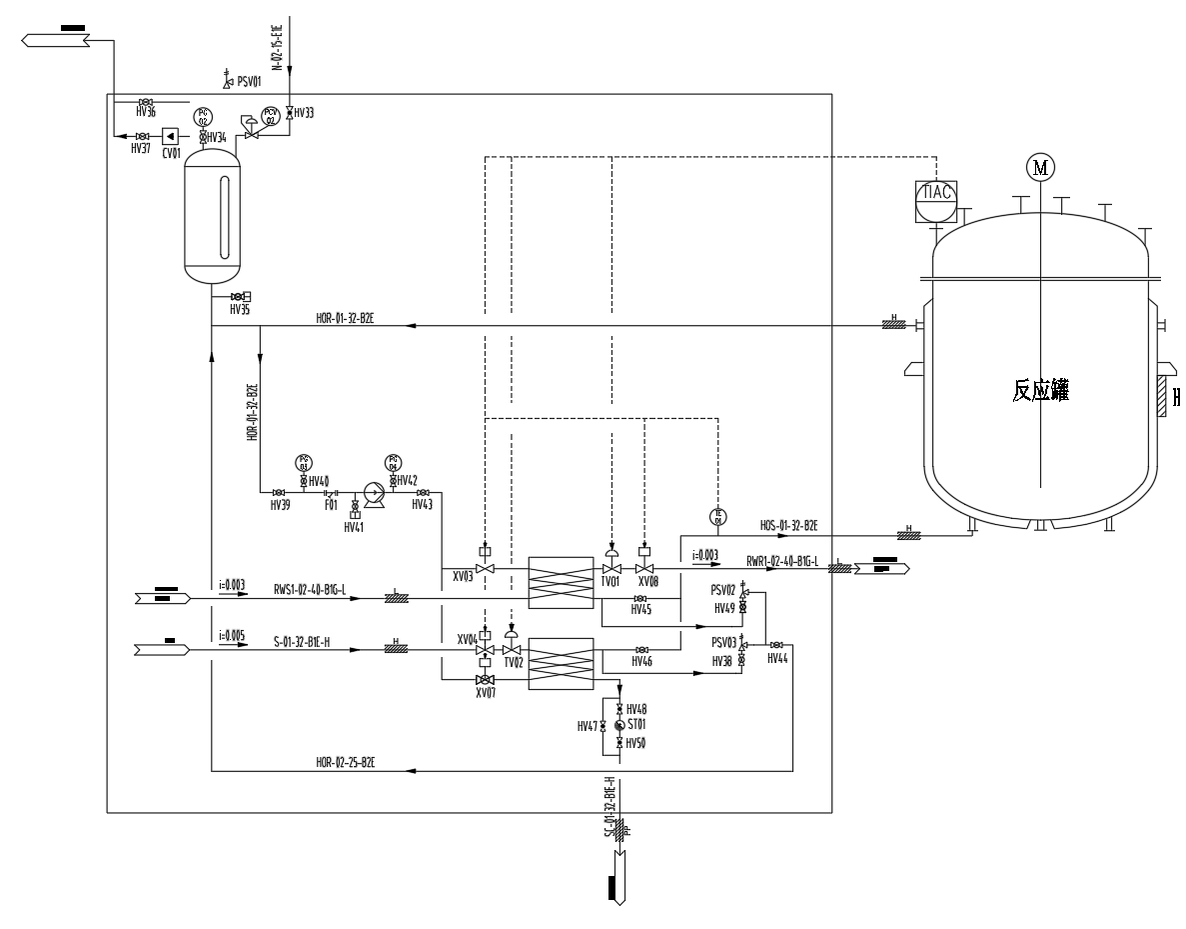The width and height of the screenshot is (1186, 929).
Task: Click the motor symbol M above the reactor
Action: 1041,168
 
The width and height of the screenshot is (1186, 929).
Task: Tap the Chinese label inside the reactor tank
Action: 1040,392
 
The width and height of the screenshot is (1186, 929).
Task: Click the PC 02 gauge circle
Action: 203,117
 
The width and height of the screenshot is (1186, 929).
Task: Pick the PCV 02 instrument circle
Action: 270,116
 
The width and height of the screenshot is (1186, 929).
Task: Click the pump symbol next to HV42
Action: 375,492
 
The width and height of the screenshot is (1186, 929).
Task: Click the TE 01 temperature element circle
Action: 717,517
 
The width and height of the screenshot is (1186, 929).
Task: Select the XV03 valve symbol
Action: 486,568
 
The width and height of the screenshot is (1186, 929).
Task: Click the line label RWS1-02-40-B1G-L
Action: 310,589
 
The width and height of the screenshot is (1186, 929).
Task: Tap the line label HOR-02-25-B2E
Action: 346,762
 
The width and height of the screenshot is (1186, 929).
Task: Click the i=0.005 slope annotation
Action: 232,634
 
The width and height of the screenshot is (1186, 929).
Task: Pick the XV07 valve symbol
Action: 486,680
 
